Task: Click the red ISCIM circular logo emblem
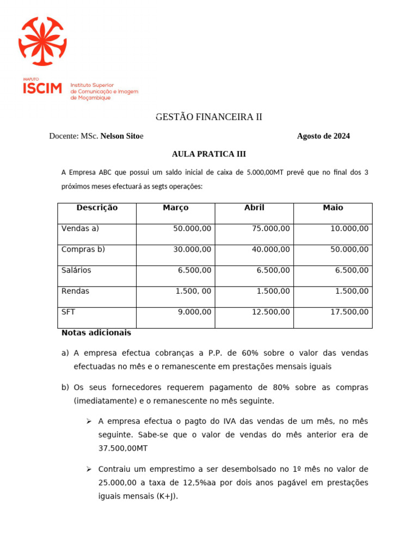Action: coord(42,41)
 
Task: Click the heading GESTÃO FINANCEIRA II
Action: coord(209,117)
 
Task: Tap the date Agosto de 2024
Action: coord(323,136)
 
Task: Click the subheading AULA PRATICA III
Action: coord(209,154)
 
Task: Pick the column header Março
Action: coord(175,208)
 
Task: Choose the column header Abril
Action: coord(254,208)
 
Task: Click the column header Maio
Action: coord(333,208)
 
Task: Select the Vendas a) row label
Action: coord(81,229)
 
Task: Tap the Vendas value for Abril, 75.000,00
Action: coord(271,229)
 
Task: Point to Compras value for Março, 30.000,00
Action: coord(192,250)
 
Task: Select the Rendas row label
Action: coord(76,291)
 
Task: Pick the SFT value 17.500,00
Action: coord(349,312)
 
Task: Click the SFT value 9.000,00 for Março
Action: coord(194,312)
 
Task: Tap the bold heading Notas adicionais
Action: coord(96,332)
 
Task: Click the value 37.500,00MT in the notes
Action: coord(123,448)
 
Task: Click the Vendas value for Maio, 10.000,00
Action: coord(349,229)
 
